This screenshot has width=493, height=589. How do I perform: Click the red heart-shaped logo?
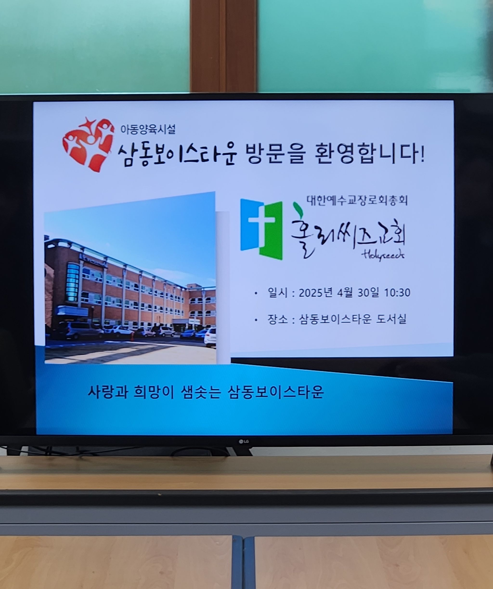(x=89, y=144)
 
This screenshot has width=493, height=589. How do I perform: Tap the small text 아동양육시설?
(x=148, y=129)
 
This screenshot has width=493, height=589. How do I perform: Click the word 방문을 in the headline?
(x=274, y=154)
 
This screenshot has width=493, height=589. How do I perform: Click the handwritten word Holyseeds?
(x=383, y=255)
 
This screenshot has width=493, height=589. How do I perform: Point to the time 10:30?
(x=397, y=293)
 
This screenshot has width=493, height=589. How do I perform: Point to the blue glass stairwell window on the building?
(x=72, y=282)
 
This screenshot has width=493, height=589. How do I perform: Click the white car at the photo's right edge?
(x=210, y=337)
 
